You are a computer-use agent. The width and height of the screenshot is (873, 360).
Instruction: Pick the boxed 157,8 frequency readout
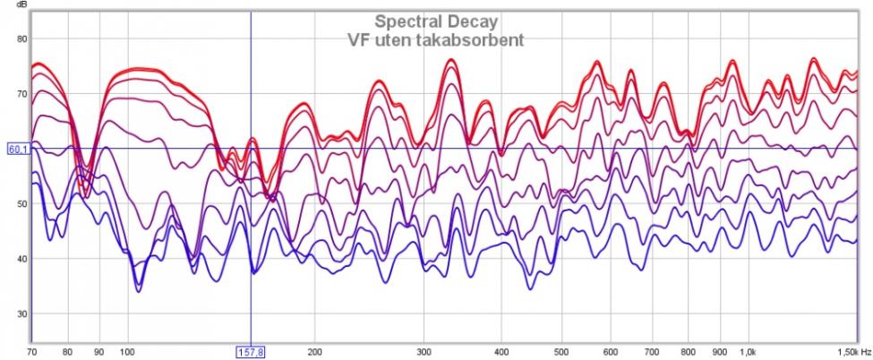click(250, 353)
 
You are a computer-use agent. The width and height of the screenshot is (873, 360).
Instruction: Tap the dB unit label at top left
click(21, 4)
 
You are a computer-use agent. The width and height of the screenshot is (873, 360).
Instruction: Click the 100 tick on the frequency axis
click(127, 352)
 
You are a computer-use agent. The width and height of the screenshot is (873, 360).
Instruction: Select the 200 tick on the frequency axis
click(315, 352)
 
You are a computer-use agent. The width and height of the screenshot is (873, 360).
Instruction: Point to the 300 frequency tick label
click(425, 352)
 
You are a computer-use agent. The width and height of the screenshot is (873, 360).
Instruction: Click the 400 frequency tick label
click(503, 352)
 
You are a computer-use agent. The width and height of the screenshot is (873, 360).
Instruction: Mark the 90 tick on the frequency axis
click(98, 352)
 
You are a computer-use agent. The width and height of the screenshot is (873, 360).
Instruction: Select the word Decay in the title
click(474, 21)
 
